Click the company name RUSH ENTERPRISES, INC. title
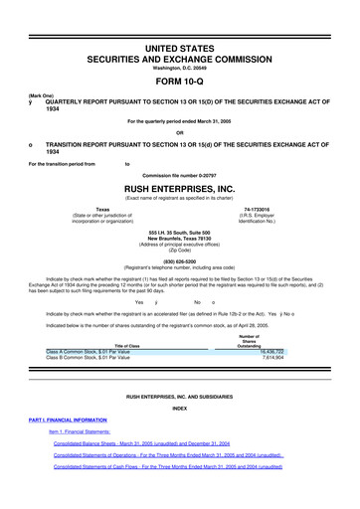[179, 187]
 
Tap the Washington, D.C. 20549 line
[179, 53]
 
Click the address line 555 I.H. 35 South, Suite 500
[179, 233]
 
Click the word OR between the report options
[179, 132]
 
